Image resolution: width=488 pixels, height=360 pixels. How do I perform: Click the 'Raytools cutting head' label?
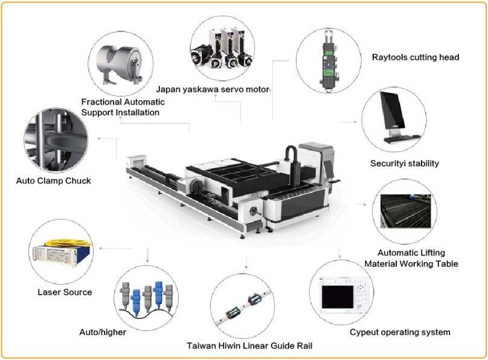(416, 57)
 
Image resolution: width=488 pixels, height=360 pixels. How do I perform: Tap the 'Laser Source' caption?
(65, 292)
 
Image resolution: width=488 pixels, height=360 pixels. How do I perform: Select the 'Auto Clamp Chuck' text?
(54, 181)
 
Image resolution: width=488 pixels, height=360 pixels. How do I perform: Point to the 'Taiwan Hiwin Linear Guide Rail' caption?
(249, 346)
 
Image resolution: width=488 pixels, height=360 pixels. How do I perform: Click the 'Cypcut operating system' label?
(400, 332)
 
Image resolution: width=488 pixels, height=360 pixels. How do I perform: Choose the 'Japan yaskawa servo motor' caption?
(213, 89)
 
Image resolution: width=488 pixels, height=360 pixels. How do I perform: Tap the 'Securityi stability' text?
(404, 163)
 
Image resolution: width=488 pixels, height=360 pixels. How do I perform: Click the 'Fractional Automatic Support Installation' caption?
(123, 107)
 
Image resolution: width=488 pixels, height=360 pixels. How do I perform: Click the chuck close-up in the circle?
(56, 140)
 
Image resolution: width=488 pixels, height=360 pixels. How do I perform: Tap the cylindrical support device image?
(120, 60)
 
